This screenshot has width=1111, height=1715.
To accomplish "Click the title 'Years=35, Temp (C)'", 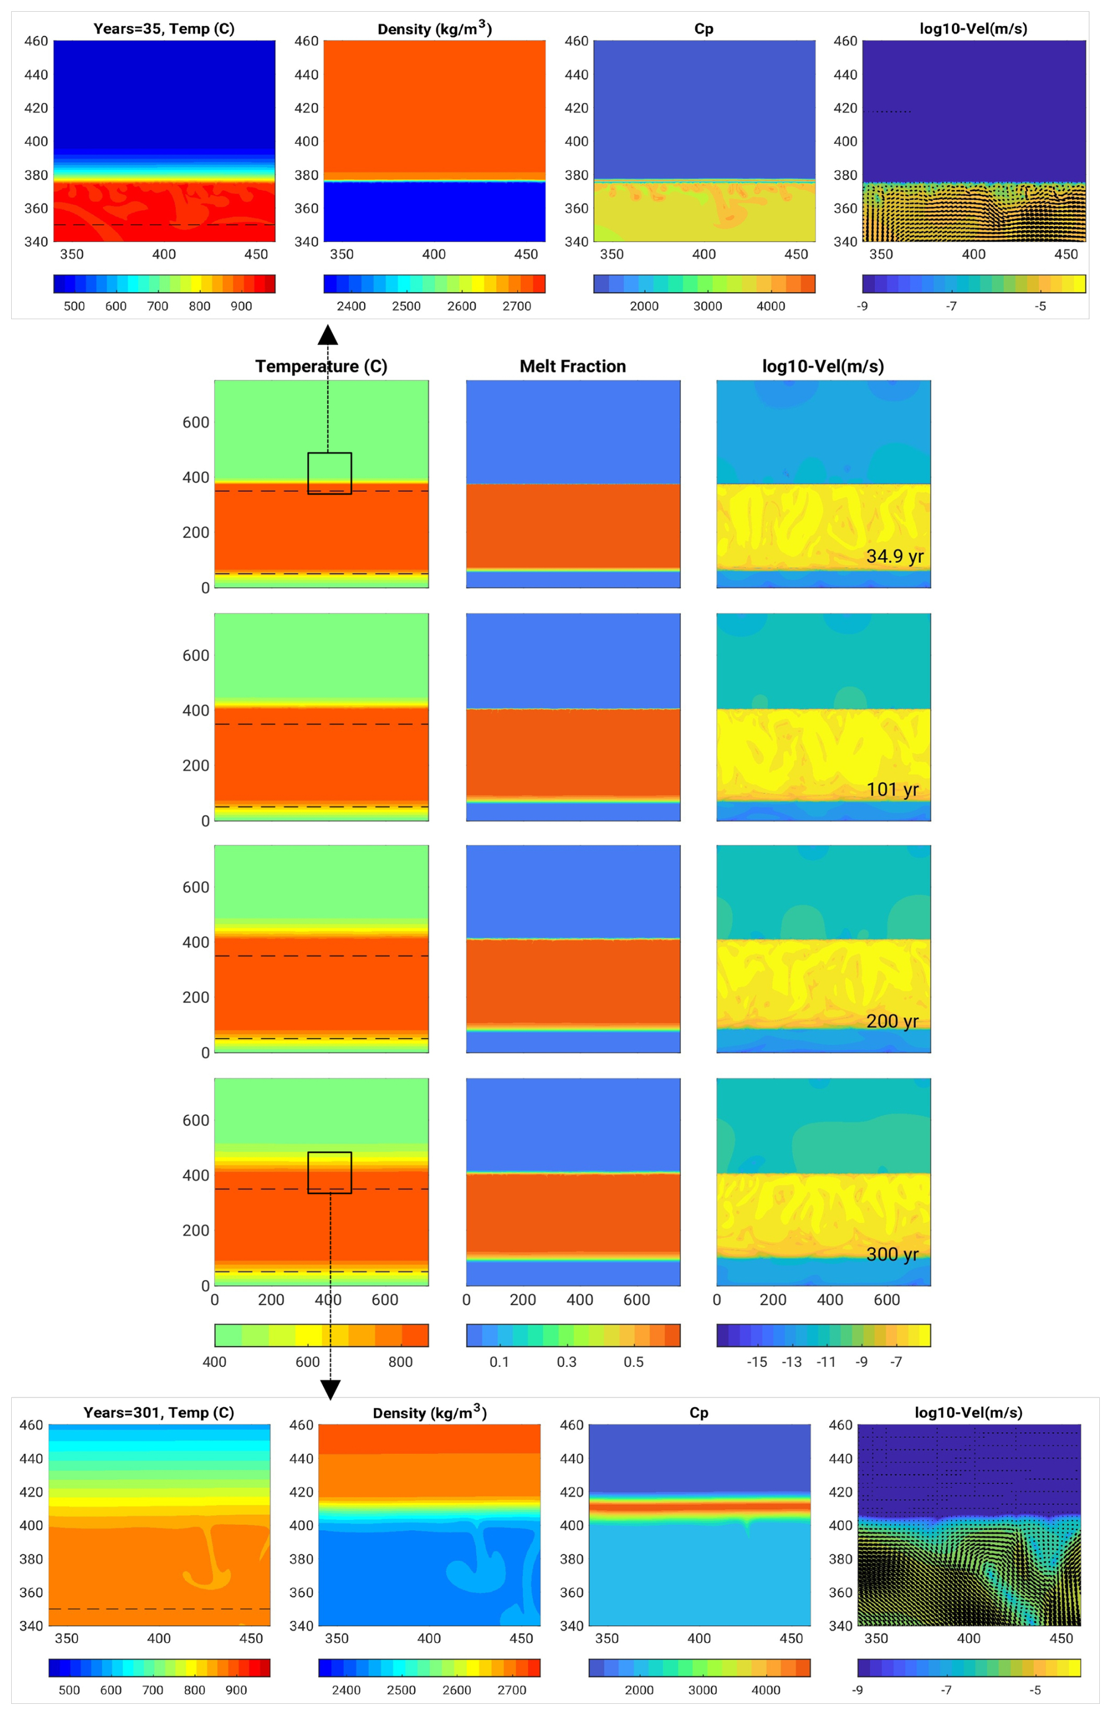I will (x=164, y=29).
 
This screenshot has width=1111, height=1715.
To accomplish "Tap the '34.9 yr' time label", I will (x=894, y=556).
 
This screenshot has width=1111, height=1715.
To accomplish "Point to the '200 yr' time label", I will (x=893, y=1021).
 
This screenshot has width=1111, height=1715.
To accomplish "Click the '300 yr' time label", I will (x=893, y=1254).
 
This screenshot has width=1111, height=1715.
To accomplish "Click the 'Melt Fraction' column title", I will (x=573, y=366).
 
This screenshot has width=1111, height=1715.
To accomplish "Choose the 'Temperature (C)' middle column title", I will (x=321, y=366).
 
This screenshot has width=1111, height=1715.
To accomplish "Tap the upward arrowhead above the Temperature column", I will (x=328, y=335).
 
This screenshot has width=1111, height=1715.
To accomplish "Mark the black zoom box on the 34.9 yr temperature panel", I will (x=329, y=474).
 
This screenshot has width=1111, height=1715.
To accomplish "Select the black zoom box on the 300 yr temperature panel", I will (x=329, y=1173).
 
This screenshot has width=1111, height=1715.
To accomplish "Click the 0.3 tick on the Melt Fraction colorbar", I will (x=567, y=1361).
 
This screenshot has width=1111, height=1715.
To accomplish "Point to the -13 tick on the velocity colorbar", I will (x=792, y=1361).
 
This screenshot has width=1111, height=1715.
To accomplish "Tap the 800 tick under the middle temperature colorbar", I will (x=400, y=1361).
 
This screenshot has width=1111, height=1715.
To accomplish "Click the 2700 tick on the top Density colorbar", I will (x=517, y=306).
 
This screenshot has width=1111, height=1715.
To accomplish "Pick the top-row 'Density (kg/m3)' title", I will (x=435, y=29).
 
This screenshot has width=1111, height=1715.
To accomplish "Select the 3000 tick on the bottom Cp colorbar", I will (x=702, y=1690).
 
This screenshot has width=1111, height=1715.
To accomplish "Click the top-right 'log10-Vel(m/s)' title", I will (x=973, y=29).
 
